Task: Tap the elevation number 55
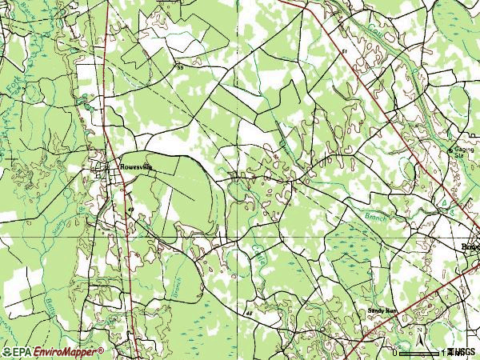180,68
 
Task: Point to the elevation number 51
344,51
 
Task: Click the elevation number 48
249,314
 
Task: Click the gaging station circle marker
450,150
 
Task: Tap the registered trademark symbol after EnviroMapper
101,350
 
